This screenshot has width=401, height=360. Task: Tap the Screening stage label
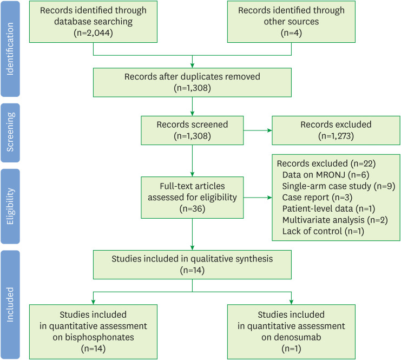click(10, 132)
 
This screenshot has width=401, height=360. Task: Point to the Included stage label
click(10, 304)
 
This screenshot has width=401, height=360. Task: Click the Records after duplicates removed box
click(193, 81)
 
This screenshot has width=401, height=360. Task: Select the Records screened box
click(193, 130)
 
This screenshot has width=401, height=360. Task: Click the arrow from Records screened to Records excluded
click(258, 130)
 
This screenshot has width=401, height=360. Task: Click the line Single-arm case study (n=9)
click(338, 185)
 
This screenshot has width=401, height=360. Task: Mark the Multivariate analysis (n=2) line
click(332, 220)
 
